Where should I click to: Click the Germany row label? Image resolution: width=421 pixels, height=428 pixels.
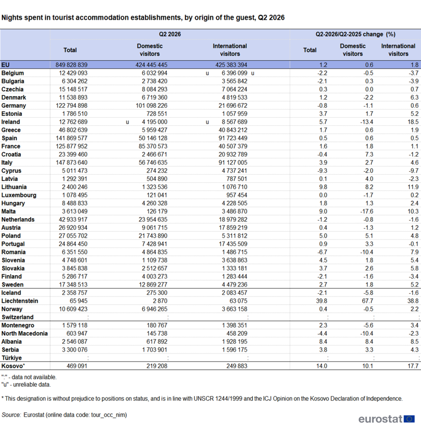14,106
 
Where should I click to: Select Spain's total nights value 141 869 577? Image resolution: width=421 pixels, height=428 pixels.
71,138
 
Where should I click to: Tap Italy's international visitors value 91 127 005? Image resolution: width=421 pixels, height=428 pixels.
233,163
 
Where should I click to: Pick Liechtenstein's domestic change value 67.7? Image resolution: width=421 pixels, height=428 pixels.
367,301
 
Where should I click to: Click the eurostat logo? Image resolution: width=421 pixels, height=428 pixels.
387,419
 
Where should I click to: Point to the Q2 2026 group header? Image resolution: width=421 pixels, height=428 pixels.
170,34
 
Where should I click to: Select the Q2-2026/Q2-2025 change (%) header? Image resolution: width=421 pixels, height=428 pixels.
355,34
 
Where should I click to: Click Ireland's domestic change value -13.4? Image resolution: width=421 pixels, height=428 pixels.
366,122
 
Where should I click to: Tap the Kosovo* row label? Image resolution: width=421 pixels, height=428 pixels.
13,366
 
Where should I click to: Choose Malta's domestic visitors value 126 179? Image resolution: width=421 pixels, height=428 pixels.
157,211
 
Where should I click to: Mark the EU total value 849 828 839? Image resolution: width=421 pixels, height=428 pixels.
71,65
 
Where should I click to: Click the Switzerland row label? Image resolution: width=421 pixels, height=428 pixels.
18,317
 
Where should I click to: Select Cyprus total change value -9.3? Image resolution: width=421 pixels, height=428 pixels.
322,171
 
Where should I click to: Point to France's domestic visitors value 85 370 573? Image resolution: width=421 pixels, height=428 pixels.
153,146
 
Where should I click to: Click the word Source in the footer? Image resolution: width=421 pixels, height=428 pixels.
11,415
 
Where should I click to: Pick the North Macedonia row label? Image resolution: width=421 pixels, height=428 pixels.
25,334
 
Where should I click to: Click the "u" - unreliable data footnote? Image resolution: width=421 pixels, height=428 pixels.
26,385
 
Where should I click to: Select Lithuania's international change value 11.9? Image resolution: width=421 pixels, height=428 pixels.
413,187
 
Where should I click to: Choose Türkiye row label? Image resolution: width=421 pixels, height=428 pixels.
11,358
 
